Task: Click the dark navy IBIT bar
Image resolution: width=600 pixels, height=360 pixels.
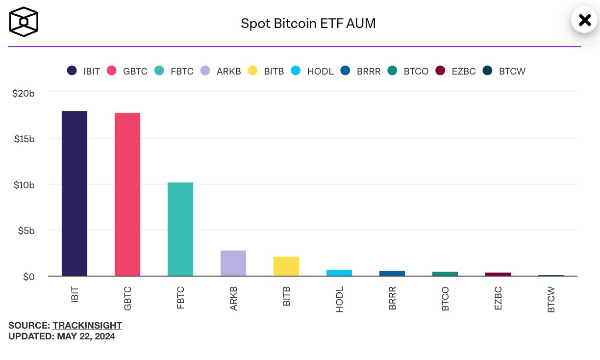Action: click(x=75, y=193)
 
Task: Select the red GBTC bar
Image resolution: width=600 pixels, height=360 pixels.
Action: click(x=127, y=194)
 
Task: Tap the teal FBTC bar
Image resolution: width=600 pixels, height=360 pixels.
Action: click(x=180, y=229)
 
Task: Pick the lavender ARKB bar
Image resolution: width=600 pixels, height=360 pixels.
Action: click(x=233, y=263)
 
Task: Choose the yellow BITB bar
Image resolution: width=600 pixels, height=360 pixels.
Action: click(x=286, y=266)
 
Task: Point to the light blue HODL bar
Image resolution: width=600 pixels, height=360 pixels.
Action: click(x=339, y=273)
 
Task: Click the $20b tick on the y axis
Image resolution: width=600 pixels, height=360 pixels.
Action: click(x=24, y=93)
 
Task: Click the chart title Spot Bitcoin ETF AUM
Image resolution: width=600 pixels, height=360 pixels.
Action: click(x=308, y=23)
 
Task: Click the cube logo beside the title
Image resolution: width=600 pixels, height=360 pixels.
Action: click(x=24, y=22)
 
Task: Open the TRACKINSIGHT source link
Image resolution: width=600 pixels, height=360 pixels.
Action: click(x=87, y=325)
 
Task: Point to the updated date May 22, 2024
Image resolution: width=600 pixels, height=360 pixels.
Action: click(x=86, y=336)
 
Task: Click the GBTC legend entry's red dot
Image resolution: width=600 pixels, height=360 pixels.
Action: click(x=112, y=71)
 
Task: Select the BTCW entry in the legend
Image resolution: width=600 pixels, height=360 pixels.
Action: click(x=504, y=71)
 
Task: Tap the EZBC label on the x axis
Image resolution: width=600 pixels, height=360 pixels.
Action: click(x=498, y=298)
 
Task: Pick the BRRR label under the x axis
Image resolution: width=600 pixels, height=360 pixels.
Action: click(x=392, y=298)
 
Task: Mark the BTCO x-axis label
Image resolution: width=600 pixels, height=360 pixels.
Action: click(x=445, y=299)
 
